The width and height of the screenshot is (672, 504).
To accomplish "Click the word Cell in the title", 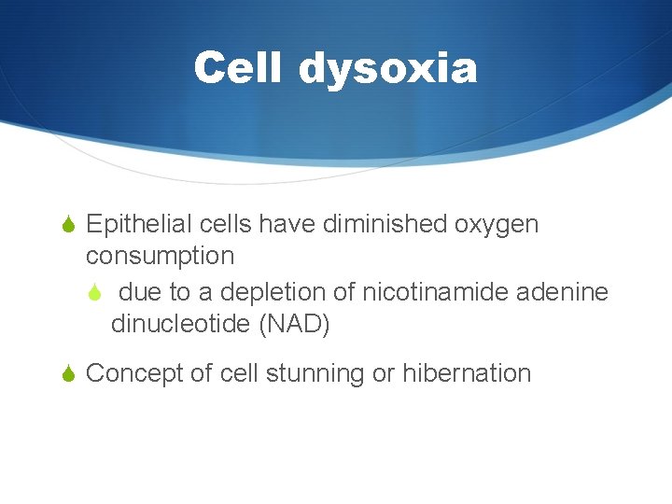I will pos(239,68).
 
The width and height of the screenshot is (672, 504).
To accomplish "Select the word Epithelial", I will pos(132,225).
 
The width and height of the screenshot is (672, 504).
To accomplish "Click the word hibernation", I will pos(467,373).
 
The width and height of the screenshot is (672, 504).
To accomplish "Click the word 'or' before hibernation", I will pos(383,374).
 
